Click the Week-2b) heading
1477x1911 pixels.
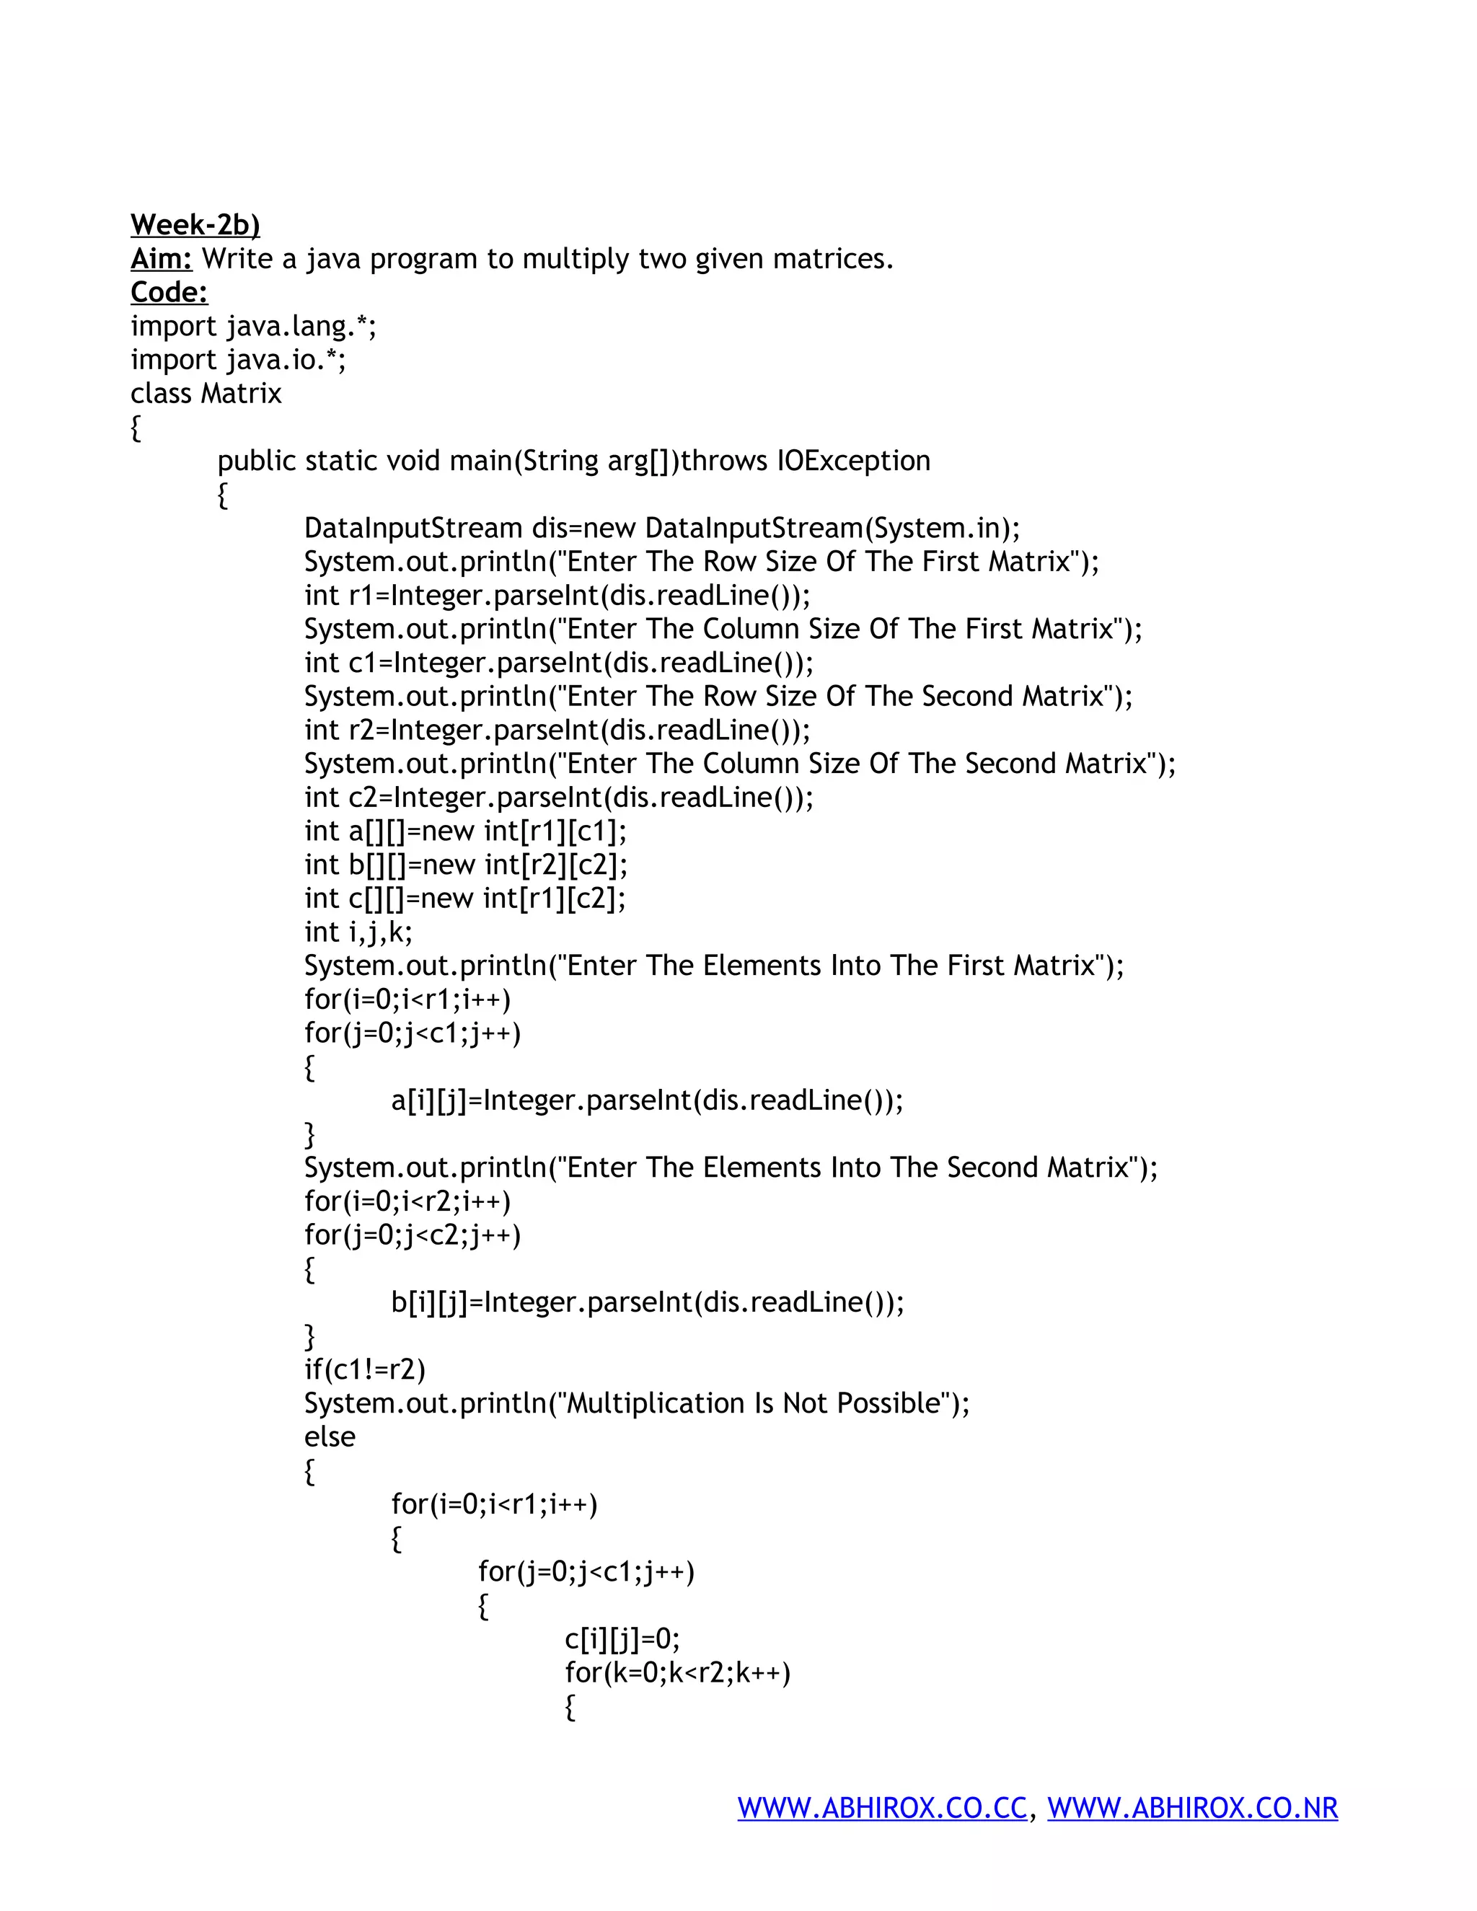tap(195, 225)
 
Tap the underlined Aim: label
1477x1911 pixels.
tap(161, 259)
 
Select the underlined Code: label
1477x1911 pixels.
tap(169, 292)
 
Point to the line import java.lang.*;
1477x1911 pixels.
tap(253, 327)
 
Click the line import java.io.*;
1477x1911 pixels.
tap(238, 360)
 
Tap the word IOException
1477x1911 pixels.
tap(853, 461)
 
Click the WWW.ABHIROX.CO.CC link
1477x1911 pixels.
tap(882, 1808)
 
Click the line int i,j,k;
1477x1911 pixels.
tap(358, 932)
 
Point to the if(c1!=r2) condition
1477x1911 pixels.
tap(364, 1370)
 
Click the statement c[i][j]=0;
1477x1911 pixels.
tap(622, 1639)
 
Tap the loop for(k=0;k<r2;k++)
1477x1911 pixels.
tap(677, 1673)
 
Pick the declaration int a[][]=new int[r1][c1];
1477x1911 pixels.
tap(465, 831)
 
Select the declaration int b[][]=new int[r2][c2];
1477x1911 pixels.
tap(465, 865)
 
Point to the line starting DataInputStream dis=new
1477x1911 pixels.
tap(661, 529)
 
